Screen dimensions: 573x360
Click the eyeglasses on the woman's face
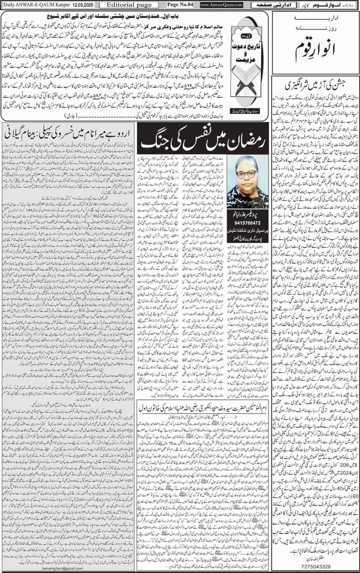246,174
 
